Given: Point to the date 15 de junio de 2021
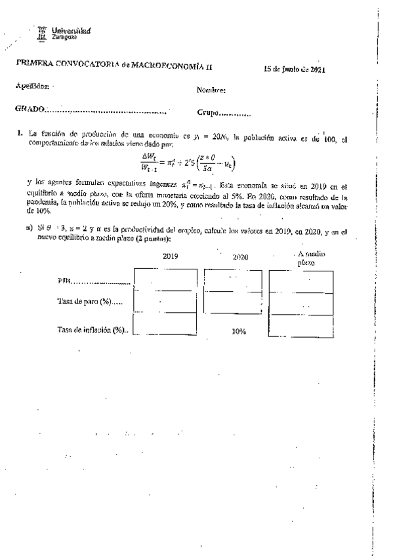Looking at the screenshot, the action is (x=295, y=69).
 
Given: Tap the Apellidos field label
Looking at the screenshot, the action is (x=31, y=86).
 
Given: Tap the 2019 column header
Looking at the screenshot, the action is (x=171, y=257).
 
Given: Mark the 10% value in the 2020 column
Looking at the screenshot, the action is (x=239, y=331).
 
